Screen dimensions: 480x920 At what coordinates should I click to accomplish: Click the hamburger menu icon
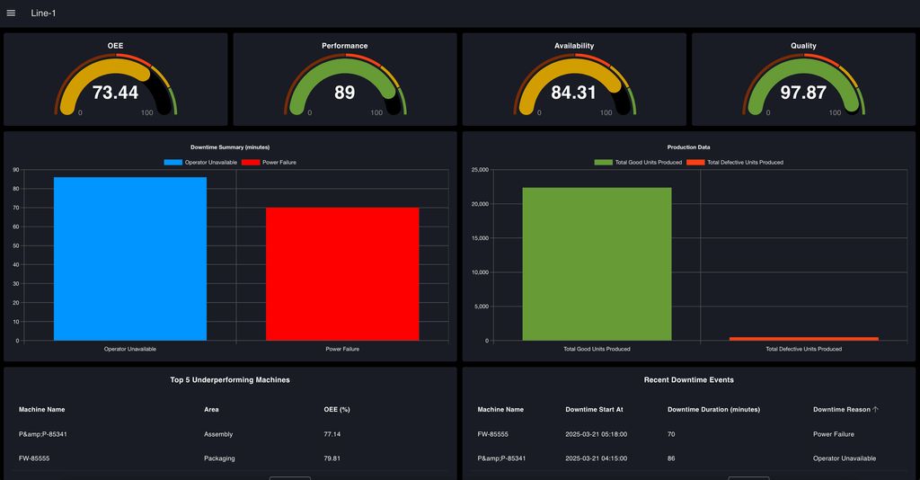point(11,13)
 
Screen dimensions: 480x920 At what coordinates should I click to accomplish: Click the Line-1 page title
point(43,13)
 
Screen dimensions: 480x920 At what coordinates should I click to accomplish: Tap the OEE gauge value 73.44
point(115,93)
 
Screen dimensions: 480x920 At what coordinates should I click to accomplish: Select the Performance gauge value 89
point(344,93)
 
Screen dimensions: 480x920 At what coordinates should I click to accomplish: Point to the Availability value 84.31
point(573,93)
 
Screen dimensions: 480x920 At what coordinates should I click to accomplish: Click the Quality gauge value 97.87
point(802,93)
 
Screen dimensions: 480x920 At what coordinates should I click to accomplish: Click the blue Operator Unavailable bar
point(129,259)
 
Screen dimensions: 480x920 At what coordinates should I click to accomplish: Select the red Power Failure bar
point(341,274)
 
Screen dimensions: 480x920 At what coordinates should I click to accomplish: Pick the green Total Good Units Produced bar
point(597,264)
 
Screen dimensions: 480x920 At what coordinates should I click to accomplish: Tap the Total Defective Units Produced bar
point(803,339)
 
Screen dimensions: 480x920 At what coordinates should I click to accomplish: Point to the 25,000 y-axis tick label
point(479,170)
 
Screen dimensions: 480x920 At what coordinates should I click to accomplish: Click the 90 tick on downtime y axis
point(15,170)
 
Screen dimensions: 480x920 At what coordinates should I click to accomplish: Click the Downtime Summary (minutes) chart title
point(230,147)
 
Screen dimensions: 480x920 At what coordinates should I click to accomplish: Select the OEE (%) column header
point(337,410)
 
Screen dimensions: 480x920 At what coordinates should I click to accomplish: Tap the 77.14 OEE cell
point(332,434)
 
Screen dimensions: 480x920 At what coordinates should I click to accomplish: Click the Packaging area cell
point(219,458)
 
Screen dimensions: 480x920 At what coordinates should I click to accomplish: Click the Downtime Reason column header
point(842,410)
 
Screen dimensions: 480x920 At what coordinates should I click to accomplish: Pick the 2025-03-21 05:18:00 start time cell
point(595,434)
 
